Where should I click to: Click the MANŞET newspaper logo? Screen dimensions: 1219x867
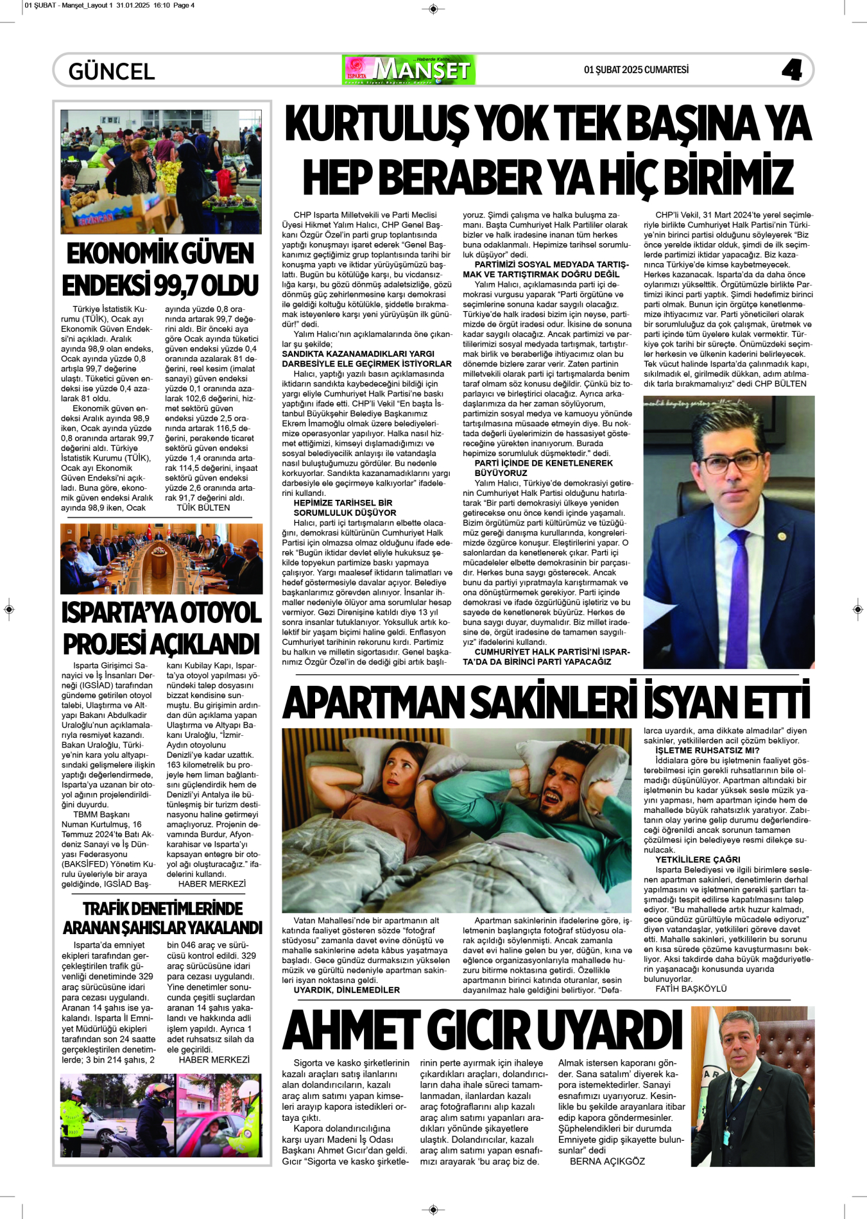tap(409, 70)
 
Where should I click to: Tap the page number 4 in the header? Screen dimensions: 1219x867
tap(791, 70)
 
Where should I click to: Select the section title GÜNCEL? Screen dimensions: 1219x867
tap(112, 71)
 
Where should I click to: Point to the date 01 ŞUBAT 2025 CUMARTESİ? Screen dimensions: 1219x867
tap(636, 70)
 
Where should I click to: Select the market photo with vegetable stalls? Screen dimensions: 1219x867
tap(160, 171)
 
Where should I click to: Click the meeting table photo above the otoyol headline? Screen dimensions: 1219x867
tap(161, 558)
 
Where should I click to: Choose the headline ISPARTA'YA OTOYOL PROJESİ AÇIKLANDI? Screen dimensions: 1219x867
tap(161, 628)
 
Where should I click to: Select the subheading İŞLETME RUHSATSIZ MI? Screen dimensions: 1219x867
tap(707, 750)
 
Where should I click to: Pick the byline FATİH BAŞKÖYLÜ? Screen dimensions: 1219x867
tap(691, 989)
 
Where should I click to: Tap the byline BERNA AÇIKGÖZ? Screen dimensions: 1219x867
tap(607, 1161)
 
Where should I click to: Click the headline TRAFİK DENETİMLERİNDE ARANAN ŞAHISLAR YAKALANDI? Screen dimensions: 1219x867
tap(162, 918)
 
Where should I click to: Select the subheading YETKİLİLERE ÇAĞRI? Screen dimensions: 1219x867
tap(698, 859)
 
